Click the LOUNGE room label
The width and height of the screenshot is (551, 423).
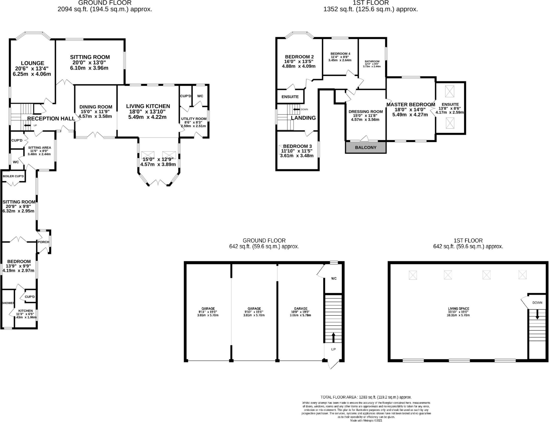pyautogui.click(x=32, y=63)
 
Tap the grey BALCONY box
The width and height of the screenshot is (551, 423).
pyautogui.click(x=366, y=147)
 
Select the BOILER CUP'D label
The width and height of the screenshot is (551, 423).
pyautogui.click(x=13, y=176)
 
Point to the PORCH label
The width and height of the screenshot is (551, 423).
pyautogui.click(x=43, y=242)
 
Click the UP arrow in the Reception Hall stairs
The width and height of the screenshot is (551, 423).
pyautogui.click(x=27, y=126)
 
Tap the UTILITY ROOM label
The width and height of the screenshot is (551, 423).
pyautogui.click(x=194, y=119)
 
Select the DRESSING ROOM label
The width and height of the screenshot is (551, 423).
pyautogui.click(x=365, y=112)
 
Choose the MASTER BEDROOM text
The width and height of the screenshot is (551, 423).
pyautogui.click(x=411, y=105)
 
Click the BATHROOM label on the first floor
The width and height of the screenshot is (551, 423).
pyautogui.click(x=372, y=61)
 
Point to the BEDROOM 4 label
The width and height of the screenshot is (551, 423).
pyautogui.click(x=340, y=54)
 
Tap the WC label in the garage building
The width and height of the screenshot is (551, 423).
pyautogui.click(x=334, y=279)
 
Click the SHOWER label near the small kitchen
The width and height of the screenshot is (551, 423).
pyautogui.click(x=8, y=303)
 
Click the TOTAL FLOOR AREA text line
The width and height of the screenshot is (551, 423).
pyautogui.click(x=366, y=397)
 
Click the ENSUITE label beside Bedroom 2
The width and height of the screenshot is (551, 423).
pyautogui.click(x=290, y=97)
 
